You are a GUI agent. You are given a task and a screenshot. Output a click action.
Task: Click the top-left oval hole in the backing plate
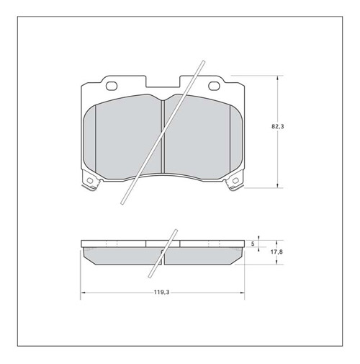pyautogui.click(x=112, y=87)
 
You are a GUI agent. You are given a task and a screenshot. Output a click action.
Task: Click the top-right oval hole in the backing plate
pyautogui.click(x=215, y=87)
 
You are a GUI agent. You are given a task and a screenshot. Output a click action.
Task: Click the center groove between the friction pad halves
pyautogui.click(x=163, y=137)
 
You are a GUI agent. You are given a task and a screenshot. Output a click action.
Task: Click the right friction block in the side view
pyautogui.click(x=205, y=254)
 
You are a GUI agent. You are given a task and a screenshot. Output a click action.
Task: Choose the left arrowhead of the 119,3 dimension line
pyautogui.click(x=84, y=292)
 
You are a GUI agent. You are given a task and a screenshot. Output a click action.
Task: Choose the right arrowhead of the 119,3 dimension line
pyautogui.click(x=243, y=292)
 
